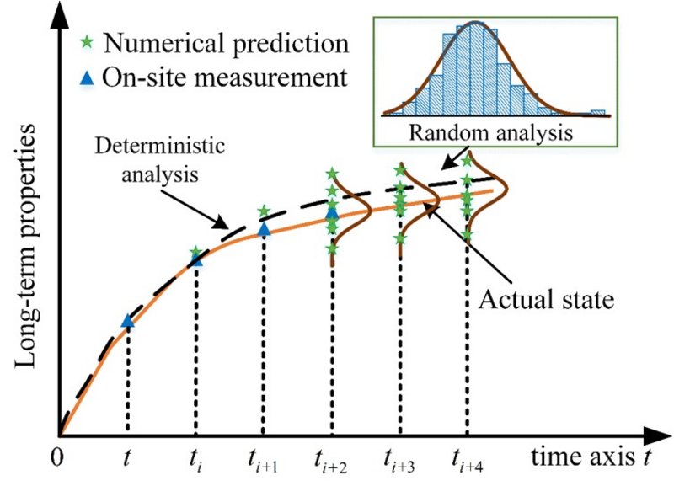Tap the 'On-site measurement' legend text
(223, 77)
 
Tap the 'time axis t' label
(589, 457)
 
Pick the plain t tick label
(127, 459)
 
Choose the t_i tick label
(195, 460)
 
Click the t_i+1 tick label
(264, 460)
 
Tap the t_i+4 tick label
(468, 460)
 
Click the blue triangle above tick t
(127, 320)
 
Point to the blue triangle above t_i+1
(263, 228)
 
